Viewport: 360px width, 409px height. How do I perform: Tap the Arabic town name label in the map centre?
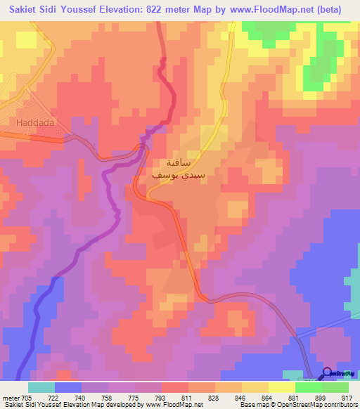[x=184, y=169]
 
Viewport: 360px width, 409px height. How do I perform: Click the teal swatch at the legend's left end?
[x=41, y=387]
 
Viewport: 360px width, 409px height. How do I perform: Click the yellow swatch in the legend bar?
[x=281, y=387]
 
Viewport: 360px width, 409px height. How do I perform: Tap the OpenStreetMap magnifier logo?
[x=328, y=373]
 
